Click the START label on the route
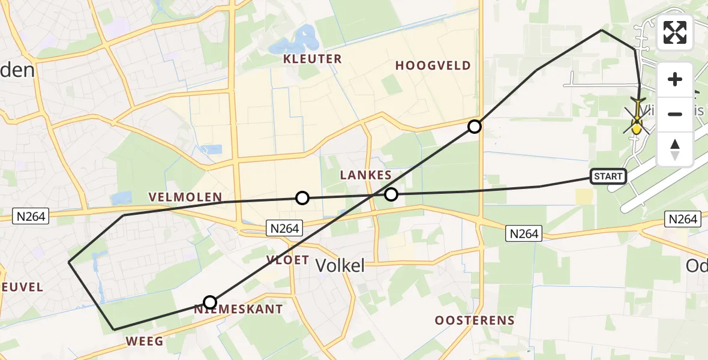608,176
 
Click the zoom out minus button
675,114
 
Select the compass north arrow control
675,149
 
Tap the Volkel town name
340,266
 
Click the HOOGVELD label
433,66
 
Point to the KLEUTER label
313,59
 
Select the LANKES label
365,175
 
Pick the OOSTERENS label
475,320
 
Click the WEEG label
144,341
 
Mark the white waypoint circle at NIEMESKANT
209,302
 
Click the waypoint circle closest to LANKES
391,194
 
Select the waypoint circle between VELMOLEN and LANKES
302,198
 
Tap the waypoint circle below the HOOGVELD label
475,127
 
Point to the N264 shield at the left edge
31,216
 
